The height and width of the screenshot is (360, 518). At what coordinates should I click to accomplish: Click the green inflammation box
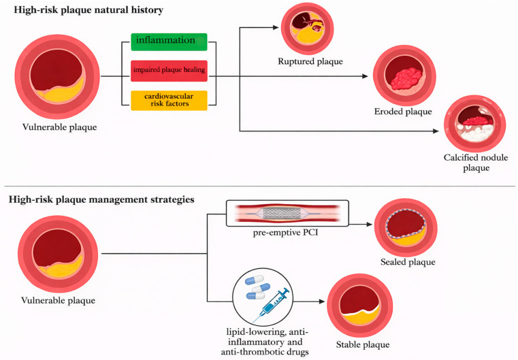(169, 42)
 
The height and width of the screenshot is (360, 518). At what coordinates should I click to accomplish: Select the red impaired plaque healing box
(169, 71)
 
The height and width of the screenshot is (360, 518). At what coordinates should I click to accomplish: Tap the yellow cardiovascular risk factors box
(169, 101)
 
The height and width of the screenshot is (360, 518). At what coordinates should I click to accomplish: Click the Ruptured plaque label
(310, 61)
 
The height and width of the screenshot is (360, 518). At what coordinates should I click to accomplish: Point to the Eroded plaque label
(403, 112)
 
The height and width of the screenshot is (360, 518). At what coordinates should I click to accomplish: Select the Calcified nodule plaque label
(476, 163)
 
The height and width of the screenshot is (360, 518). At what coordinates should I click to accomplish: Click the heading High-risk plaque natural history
(88, 10)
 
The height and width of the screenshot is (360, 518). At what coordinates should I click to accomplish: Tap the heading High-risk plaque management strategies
(101, 199)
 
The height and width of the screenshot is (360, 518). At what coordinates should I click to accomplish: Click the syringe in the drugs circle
(271, 304)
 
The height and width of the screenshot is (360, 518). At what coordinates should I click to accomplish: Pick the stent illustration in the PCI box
(287, 214)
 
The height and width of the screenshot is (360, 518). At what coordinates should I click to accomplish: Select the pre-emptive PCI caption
(285, 233)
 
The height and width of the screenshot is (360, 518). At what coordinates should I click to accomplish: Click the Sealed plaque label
(408, 262)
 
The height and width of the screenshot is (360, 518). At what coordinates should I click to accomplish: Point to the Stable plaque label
(363, 345)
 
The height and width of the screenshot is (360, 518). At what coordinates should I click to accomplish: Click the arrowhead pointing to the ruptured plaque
(276, 28)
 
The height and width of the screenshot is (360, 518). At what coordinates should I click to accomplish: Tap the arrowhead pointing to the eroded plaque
(365, 76)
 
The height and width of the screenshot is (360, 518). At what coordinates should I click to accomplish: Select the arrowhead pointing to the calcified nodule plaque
(436, 131)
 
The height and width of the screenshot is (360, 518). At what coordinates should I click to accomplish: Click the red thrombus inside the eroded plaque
(406, 79)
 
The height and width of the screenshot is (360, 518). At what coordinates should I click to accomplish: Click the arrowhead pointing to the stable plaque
(322, 301)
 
